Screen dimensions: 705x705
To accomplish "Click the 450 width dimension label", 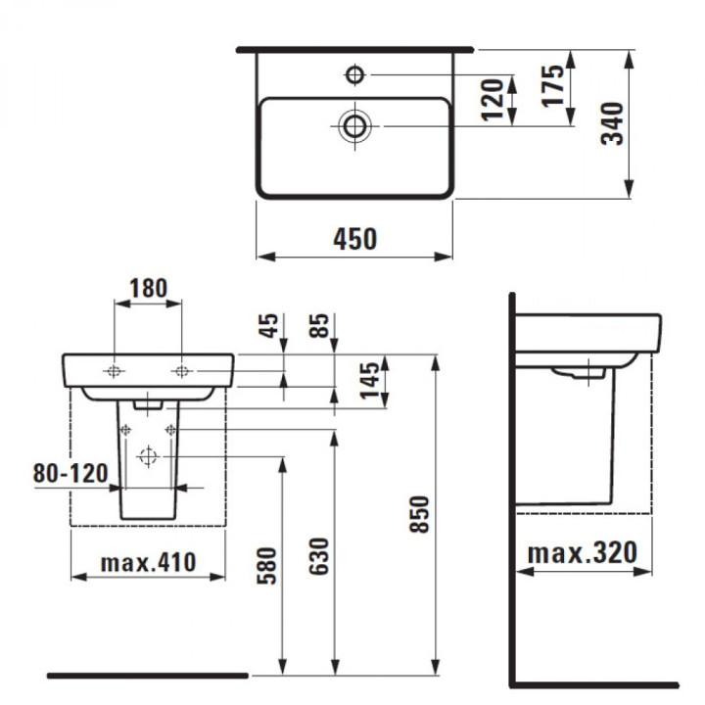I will click(355, 239).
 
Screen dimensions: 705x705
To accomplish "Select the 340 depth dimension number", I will click(612, 123).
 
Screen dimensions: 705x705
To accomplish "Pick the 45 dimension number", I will click(269, 325).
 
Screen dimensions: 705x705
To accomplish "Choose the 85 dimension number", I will click(320, 325).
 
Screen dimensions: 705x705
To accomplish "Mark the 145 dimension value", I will click(370, 380).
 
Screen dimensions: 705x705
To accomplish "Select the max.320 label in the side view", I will click(583, 553).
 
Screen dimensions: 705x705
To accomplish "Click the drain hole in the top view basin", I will click(353, 125).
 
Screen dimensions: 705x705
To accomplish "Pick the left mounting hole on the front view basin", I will click(116, 370).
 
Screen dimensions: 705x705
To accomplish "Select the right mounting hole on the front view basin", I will click(181, 370).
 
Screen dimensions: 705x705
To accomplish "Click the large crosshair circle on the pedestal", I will click(148, 455).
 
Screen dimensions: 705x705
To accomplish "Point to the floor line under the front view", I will click(147, 676).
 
